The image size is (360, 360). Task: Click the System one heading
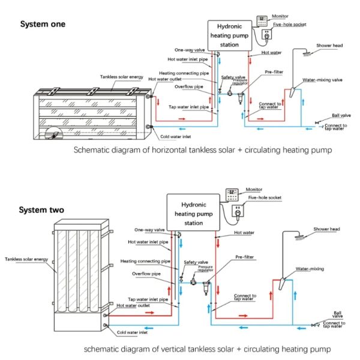(x=43, y=25)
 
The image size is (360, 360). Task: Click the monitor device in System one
(x=262, y=20)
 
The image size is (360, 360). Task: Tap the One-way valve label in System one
(x=190, y=50)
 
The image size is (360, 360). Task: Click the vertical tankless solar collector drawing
(x=78, y=274)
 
